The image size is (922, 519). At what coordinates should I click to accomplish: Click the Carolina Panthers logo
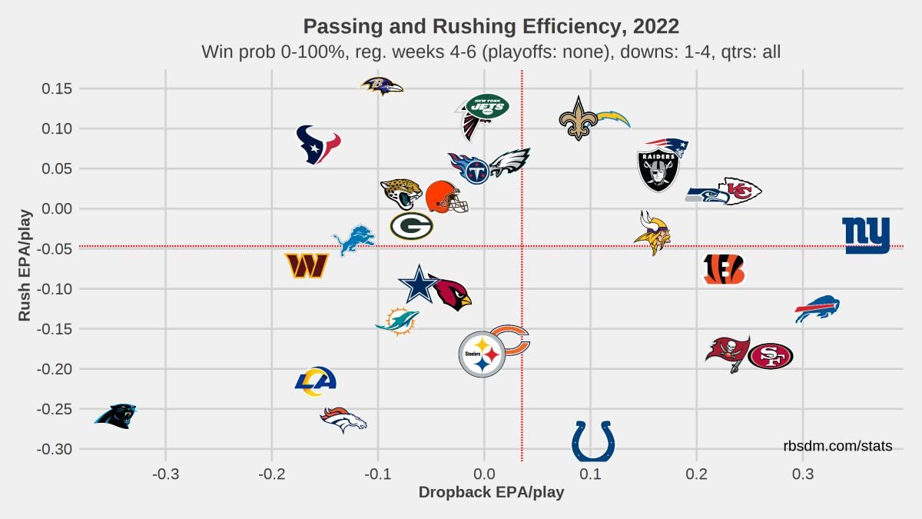tap(115, 416)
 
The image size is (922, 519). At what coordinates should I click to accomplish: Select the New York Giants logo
tap(866, 235)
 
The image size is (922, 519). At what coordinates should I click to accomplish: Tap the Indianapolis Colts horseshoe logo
tap(593, 441)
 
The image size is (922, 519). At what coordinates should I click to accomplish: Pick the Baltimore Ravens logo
tap(382, 86)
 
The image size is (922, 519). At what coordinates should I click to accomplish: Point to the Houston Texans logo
tap(318, 145)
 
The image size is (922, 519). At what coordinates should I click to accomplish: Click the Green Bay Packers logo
tap(412, 226)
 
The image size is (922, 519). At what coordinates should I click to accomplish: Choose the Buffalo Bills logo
tap(817, 309)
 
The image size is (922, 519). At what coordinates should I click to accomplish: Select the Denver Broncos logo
tap(343, 420)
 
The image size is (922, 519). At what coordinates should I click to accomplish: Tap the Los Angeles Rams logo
tap(315, 381)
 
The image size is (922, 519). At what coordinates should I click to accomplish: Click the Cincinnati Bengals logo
tap(725, 269)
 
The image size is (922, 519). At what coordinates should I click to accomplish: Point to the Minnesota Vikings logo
tap(653, 233)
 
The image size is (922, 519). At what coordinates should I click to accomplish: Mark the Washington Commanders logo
tap(307, 266)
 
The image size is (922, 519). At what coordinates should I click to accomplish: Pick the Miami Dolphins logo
tap(397, 321)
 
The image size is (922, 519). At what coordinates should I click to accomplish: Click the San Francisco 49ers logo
tap(770, 356)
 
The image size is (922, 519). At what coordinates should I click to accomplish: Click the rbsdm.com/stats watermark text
tap(837, 446)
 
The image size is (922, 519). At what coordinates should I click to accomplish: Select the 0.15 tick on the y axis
tap(57, 88)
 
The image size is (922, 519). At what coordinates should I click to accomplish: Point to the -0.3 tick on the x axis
tap(165, 474)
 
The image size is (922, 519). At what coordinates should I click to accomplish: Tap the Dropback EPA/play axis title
tap(492, 493)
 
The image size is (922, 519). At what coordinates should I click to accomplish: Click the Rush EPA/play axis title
tap(25, 266)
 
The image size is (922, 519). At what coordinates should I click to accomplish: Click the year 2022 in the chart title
tap(656, 26)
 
